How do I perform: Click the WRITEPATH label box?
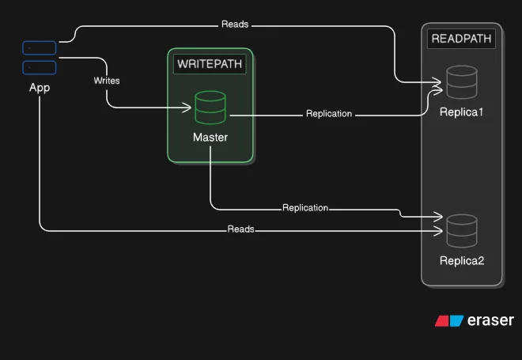tap(210, 64)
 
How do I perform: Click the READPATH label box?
tap(461, 39)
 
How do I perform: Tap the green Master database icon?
tap(210, 108)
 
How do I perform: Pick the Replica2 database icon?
tap(461, 229)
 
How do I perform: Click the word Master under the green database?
tap(210, 138)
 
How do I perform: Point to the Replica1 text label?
tap(461, 112)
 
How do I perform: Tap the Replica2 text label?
tap(461, 260)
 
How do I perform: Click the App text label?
tap(40, 88)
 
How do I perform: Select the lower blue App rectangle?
tap(40, 67)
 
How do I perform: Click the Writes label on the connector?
tap(107, 81)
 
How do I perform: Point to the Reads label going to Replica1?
tap(235, 25)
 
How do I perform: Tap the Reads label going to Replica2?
tap(241, 229)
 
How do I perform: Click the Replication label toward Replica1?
tap(329, 114)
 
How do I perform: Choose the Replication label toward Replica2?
tap(305, 208)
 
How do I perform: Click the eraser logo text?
tap(490, 320)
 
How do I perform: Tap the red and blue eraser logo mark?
tap(449, 320)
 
